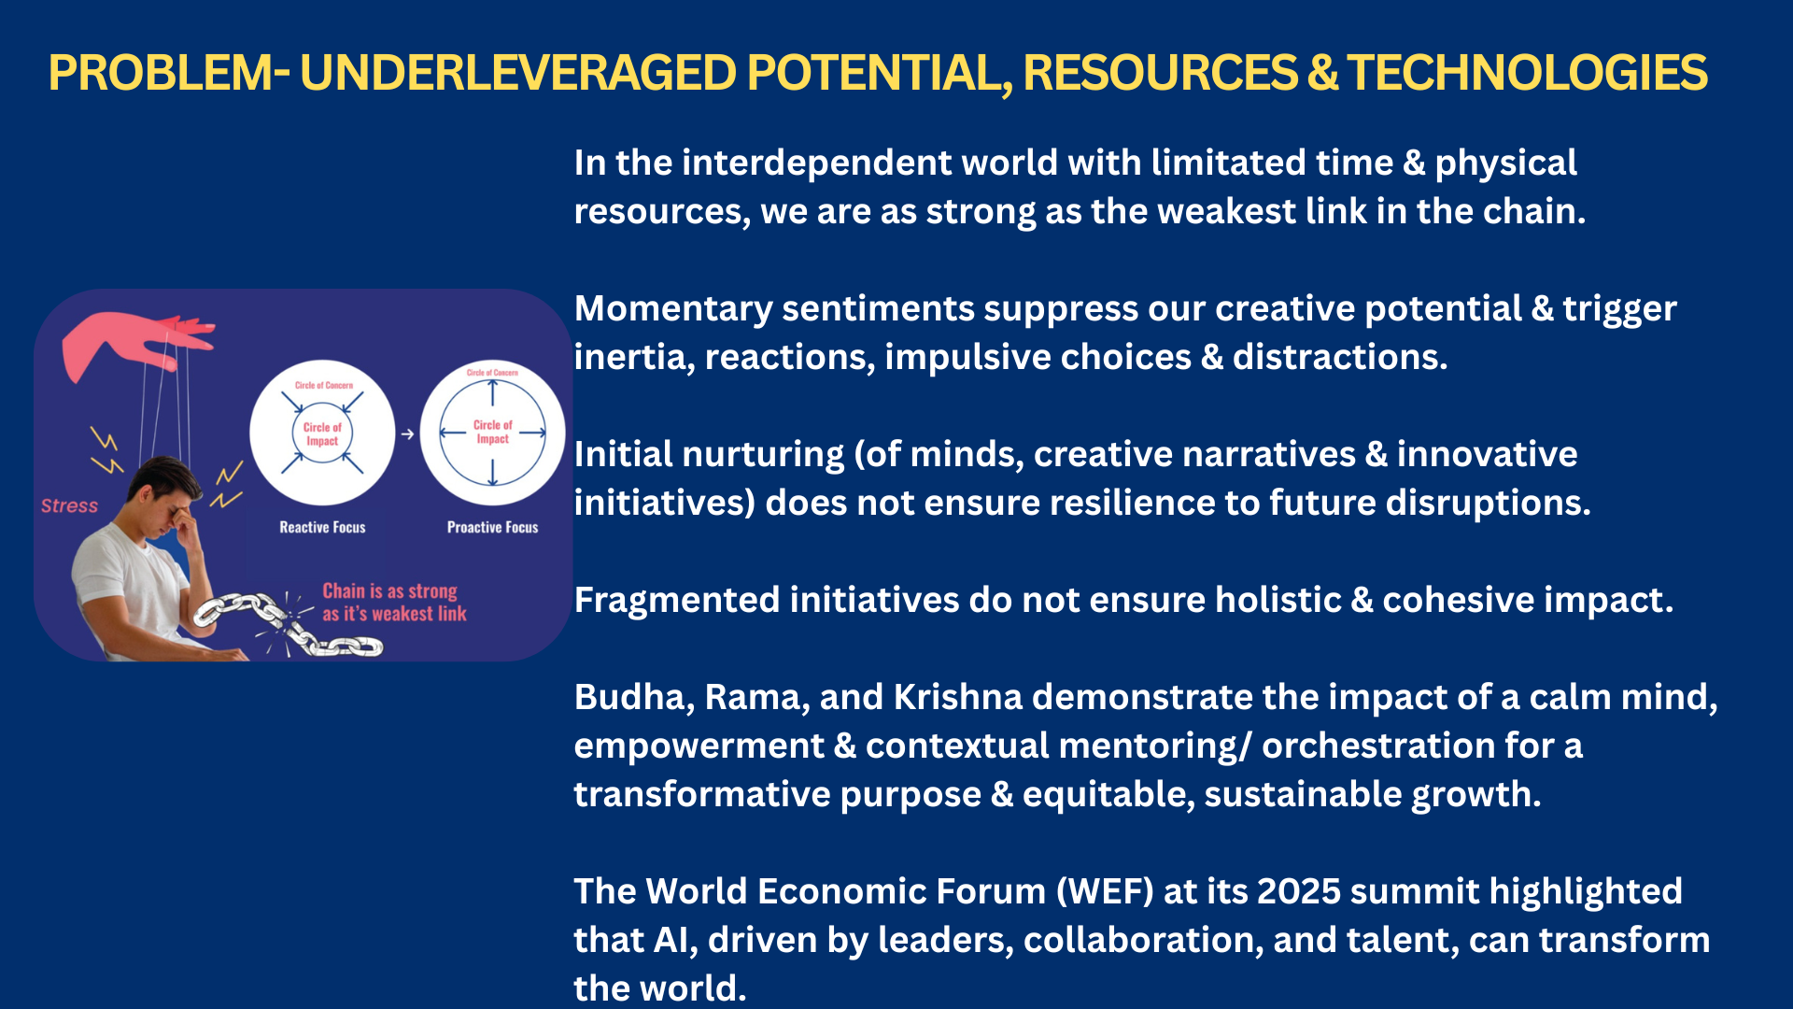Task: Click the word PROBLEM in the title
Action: [x=161, y=73]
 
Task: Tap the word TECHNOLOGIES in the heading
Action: [x=1527, y=73]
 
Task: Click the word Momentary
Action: [x=673, y=309]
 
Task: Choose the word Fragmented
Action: [x=673, y=600]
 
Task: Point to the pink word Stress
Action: [x=69, y=505]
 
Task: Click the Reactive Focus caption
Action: [x=322, y=527]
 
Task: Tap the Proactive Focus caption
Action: [x=492, y=527]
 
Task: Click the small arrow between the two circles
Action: [x=407, y=433]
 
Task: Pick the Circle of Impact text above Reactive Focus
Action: [x=322, y=433]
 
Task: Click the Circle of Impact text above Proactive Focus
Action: [x=492, y=431]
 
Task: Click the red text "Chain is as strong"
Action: [x=389, y=591]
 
